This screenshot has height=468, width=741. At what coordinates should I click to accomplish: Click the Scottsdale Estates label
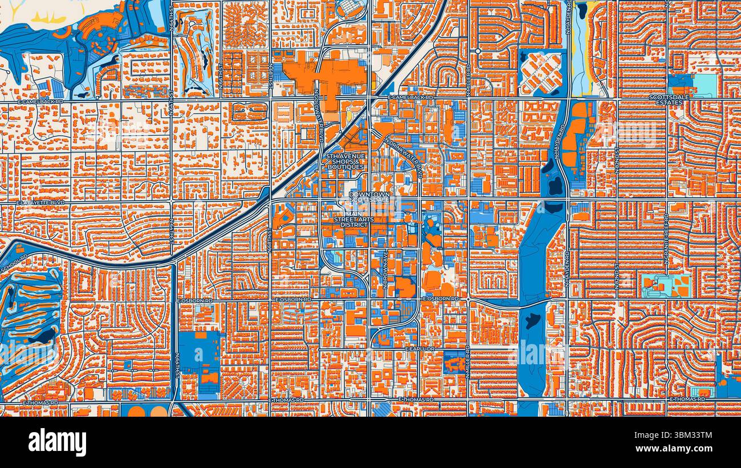(x=665, y=100)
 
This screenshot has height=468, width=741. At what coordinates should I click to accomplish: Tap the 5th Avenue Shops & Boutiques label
(x=344, y=161)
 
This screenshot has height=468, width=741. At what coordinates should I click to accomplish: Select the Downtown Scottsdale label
(x=369, y=197)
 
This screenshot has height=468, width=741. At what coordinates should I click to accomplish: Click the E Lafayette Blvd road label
(x=40, y=202)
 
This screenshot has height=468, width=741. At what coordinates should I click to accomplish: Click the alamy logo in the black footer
(x=57, y=442)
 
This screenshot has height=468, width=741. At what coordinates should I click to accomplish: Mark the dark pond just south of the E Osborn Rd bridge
(x=532, y=320)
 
